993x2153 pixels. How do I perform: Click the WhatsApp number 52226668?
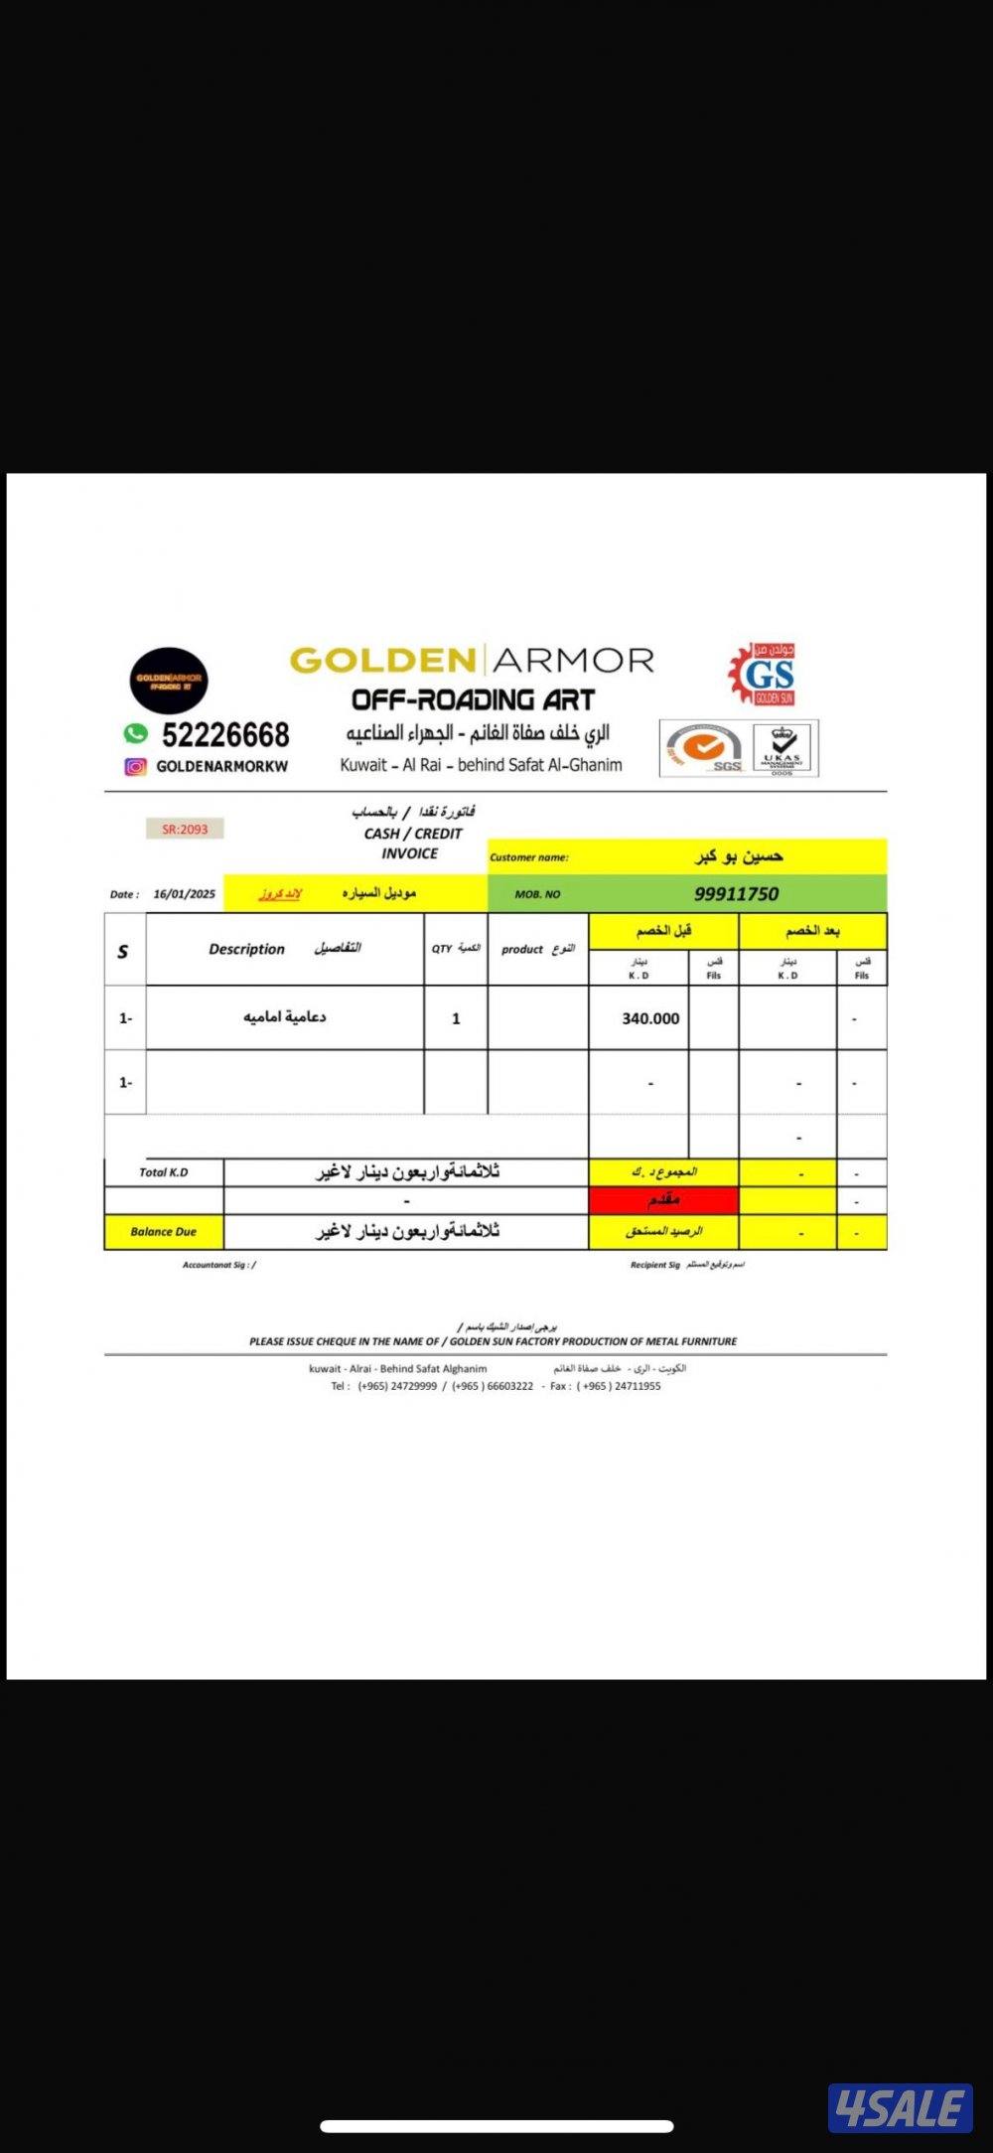click(225, 735)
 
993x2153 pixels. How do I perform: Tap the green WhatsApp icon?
click(135, 733)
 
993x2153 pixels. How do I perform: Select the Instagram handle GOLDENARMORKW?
click(221, 767)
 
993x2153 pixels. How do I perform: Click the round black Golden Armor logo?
click(169, 681)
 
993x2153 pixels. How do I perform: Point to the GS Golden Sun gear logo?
click(763, 674)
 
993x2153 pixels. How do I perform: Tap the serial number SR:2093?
click(185, 829)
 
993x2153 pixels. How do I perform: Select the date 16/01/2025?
click(184, 894)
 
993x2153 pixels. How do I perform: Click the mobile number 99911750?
click(736, 894)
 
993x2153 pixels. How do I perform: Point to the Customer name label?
click(529, 857)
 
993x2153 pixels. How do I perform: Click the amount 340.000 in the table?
click(650, 1018)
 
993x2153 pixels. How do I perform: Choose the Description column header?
click(246, 950)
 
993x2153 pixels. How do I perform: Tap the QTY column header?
click(442, 949)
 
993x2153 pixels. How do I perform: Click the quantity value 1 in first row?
click(456, 1018)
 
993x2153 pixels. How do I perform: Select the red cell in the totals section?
click(663, 1200)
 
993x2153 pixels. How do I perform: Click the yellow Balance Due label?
click(164, 1232)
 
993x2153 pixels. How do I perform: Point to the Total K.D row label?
click(164, 1172)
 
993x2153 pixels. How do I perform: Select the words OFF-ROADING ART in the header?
click(473, 700)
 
